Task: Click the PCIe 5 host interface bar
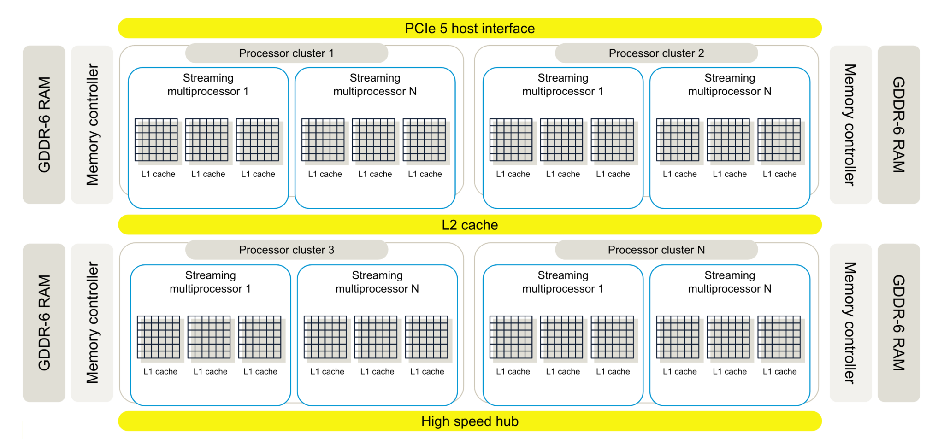470,28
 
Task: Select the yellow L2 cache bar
470,225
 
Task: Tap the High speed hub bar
470,421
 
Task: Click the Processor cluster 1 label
286,53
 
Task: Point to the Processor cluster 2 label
656,53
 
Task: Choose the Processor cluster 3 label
286,250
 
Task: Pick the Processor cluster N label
656,250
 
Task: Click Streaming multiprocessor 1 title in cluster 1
208,84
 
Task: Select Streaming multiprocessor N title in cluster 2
730,84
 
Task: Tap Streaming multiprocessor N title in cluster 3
377,282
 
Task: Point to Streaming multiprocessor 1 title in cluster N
563,282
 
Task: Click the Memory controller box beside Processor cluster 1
92,124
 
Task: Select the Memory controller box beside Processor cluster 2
850,124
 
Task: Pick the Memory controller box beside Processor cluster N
850,322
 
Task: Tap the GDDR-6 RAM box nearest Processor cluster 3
44,322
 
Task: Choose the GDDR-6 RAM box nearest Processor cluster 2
899,124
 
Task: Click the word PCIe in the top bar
420,28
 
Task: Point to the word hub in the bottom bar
507,421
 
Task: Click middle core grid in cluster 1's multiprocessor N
373,140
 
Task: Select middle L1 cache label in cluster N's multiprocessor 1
563,371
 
